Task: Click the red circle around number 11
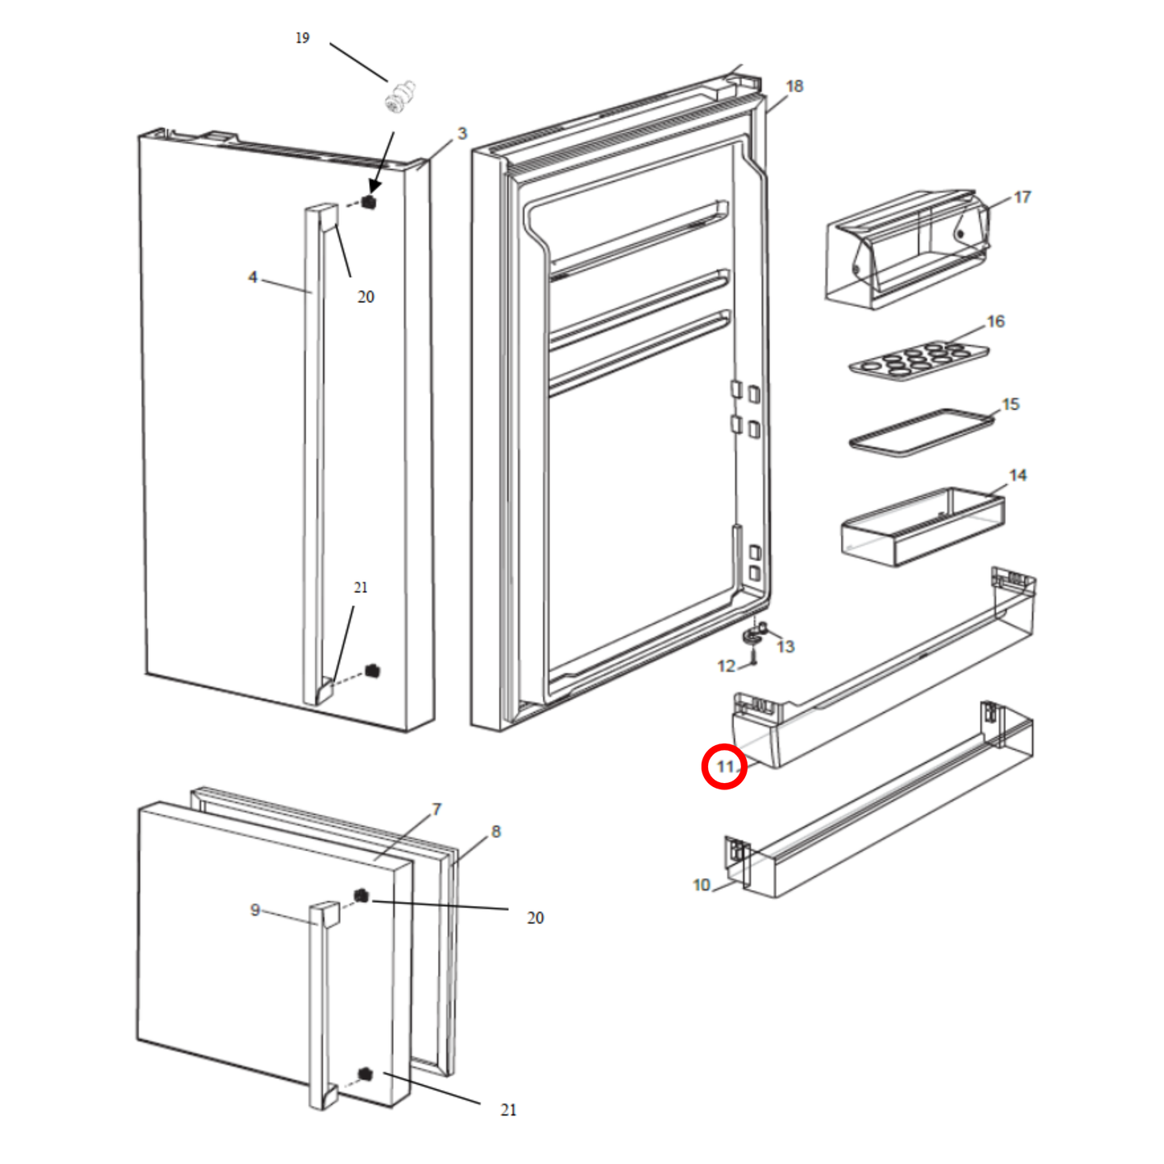point(724,766)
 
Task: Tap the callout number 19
point(302,38)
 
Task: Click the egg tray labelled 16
point(918,359)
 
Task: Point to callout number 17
point(1021,197)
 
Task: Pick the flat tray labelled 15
point(920,433)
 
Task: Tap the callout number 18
point(794,86)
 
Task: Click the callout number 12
point(726,666)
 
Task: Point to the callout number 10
point(701,885)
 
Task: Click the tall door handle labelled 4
point(313,451)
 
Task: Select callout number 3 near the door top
point(462,134)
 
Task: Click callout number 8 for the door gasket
point(495,831)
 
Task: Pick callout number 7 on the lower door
point(436,809)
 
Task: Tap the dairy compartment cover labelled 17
point(906,250)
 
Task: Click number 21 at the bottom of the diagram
point(508,1109)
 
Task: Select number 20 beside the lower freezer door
point(535,918)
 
